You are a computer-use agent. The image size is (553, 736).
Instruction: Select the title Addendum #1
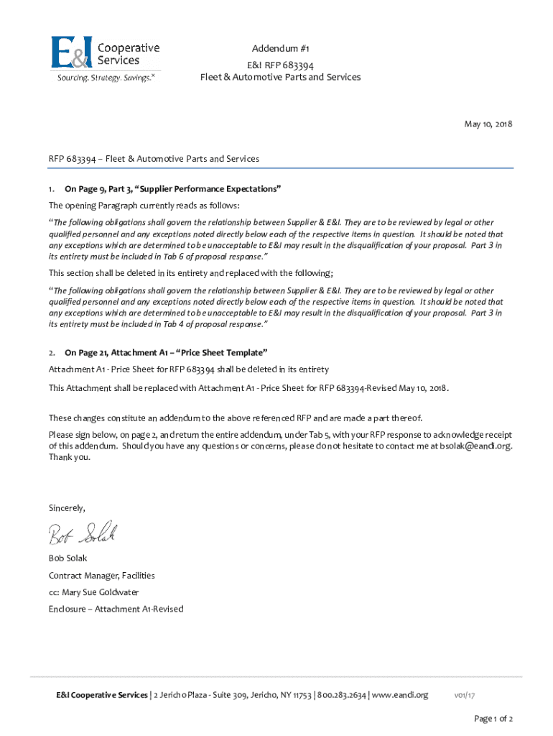coord(280,48)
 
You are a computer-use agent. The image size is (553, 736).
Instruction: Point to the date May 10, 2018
coord(488,124)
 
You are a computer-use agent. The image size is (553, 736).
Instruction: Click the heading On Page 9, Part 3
coord(172,189)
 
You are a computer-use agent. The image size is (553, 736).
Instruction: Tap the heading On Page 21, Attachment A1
coord(166,353)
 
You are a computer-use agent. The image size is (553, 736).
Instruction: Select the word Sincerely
coord(67,507)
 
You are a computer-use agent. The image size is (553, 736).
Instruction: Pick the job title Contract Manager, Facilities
coord(101,575)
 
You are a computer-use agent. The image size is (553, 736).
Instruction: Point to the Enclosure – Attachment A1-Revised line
coord(116,609)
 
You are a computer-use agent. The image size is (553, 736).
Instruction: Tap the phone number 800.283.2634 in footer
coord(342,695)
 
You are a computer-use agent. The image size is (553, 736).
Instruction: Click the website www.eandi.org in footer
coord(400,695)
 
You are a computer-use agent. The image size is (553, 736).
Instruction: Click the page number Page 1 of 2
coord(493,719)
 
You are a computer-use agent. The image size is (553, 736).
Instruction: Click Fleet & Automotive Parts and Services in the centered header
coord(280,77)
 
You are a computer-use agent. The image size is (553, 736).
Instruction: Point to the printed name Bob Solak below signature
coord(70,558)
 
